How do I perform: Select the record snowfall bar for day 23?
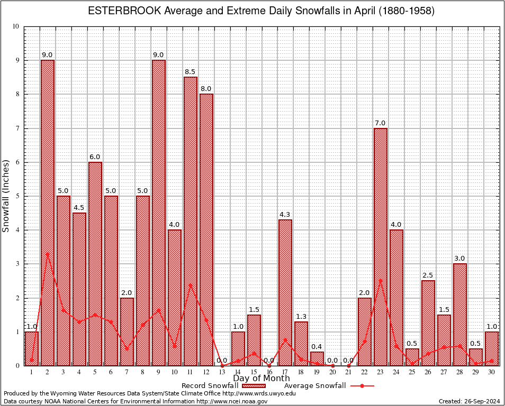[x=381, y=246]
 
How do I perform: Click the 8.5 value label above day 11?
[x=191, y=71]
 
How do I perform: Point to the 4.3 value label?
[x=285, y=214]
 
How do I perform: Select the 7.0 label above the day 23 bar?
[x=381, y=123]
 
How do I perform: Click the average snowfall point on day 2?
[x=48, y=254]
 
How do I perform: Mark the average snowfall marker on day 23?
[x=381, y=280]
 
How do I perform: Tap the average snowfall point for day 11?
[x=191, y=285]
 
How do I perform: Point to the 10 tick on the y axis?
[x=15, y=26]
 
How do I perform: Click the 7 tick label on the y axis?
[x=17, y=128]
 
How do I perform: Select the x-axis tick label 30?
[x=492, y=372]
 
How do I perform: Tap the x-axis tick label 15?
[x=254, y=372]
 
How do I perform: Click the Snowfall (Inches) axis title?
[x=6, y=196]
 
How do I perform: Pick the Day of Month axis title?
[x=261, y=378]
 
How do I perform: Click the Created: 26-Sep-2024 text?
[x=469, y=401]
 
